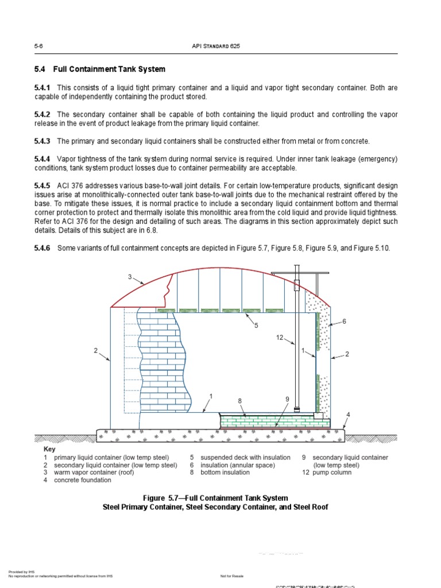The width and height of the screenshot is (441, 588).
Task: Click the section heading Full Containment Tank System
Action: (109, 69)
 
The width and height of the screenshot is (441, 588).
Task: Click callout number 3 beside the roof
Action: (130, 277)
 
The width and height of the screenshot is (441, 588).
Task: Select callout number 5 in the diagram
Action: (257, 326)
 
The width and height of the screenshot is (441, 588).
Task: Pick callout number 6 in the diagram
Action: (344, 322)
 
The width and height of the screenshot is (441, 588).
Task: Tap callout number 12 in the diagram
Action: (280, 338)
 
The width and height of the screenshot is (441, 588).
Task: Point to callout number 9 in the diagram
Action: (287, 399)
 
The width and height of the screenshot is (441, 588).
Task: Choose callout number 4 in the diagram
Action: (348, 415)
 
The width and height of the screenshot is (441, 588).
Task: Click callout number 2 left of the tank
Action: (96, 350)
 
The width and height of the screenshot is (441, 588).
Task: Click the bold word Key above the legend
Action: (49, 449)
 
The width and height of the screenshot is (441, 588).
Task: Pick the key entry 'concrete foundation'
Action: (83, 480)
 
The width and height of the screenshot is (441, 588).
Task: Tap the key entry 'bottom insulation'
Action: (225, 473)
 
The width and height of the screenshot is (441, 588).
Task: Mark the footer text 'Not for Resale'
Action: (231, 575)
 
